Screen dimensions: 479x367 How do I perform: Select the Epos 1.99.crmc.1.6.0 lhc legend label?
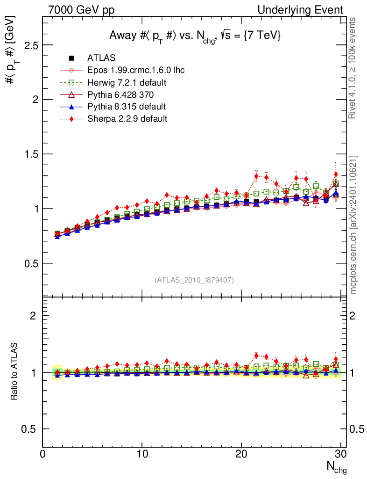[136, 71]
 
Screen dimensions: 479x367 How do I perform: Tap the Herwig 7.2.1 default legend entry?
[127, 83]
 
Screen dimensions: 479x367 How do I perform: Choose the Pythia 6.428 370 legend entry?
[124, 95]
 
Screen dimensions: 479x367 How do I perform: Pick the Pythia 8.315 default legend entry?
[127, 107]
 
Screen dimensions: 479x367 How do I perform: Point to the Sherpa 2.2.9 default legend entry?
[127, 119]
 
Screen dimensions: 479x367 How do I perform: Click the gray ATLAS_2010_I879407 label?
[194, 280]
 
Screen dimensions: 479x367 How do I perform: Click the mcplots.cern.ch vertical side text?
[354, 225]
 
